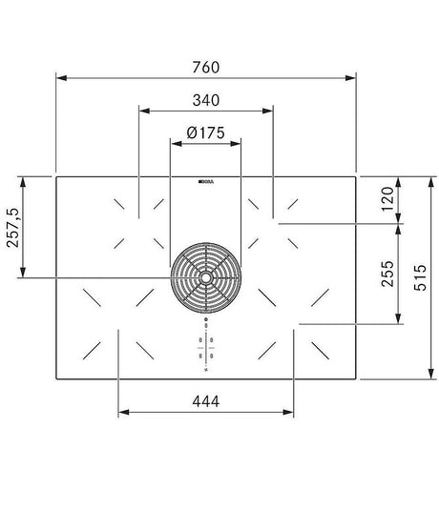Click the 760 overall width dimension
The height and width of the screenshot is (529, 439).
click(205, 67)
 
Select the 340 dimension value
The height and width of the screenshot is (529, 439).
click(205, 99)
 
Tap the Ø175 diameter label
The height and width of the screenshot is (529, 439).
click(205, 132)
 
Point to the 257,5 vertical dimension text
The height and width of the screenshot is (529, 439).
click(12, 228)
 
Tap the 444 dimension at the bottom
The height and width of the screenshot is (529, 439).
click(205, 401)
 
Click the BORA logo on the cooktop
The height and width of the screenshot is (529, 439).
click(205, 180)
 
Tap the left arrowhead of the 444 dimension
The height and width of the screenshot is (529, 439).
click(122, 414)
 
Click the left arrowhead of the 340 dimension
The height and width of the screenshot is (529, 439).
click(143, 111)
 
